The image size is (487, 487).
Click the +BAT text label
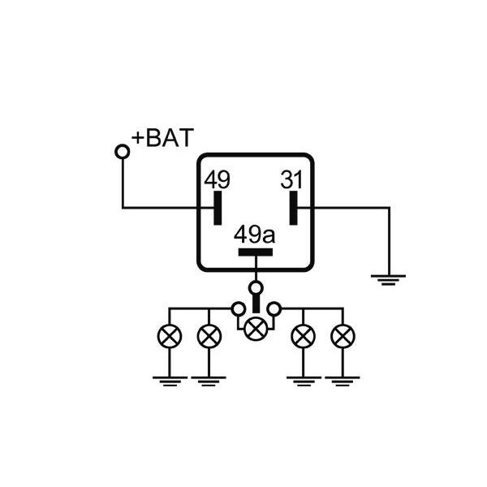pyautogui.click(x=163, y=137)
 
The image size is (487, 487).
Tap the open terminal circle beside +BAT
pyautogui.click(x=123, y=151)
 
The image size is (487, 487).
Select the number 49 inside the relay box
pyautogui.click(x=217, y=179)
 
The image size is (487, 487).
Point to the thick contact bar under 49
pyautogui.click(x=218, y=209)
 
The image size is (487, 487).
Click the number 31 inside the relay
pyautogui.click(x=292, y=179)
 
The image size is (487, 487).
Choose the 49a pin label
pyautogui.click(x=255, y=235)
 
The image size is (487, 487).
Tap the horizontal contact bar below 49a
pyautogui.click(x=256, y=252)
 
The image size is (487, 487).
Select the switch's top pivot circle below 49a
pyautogui.click(x=256, y=287)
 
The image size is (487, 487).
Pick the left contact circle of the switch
pyautogui.click(x=238, y=309)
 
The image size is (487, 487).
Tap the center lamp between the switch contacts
pyautogui.click(x=256, y=328)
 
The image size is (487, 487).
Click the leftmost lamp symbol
pyautogui.click(x=170, y=334)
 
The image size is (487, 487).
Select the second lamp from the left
pyautogui.click(x=209, y=334)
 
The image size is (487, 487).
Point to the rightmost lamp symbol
pyautogui.click(x=343, y=334)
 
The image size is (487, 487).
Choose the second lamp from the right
pyautogui.click(x=304, y=334)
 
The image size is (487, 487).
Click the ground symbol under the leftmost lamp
pyautogui.click(x=170, y=380)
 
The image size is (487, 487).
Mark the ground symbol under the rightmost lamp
pyautogui.click(x=343, y=380)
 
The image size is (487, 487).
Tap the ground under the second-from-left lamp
pyautogui.click(x=209, y=380)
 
